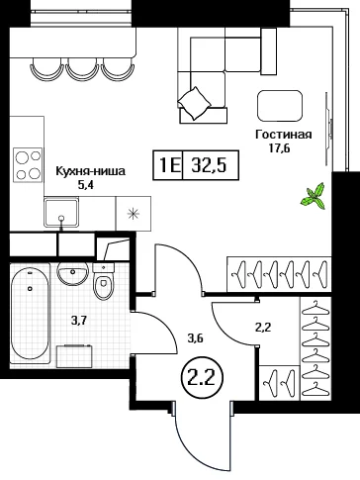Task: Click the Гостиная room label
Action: click(284, 135)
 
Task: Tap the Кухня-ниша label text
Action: click(91, 171)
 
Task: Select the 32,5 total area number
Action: click(210, 165)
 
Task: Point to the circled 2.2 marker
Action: click(202, 377)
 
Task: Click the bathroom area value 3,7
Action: click(78, 321)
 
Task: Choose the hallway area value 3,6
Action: click(195, 338)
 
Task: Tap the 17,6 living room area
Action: click(279, 148)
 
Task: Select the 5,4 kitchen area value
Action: click(86, 185)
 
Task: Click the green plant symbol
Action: click(314, 197)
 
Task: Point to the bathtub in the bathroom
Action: click(31, 314)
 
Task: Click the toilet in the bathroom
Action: click(104, 281)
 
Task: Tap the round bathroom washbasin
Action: click(72, 273)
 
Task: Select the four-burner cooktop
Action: click(28, 164)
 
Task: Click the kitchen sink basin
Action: click(61, 213)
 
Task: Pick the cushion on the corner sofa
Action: click(195, 103)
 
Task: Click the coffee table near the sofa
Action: click(280, 106)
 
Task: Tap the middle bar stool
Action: click(82, 68)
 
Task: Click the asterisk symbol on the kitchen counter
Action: click(134, 214)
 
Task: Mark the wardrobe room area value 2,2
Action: click(263, 328)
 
